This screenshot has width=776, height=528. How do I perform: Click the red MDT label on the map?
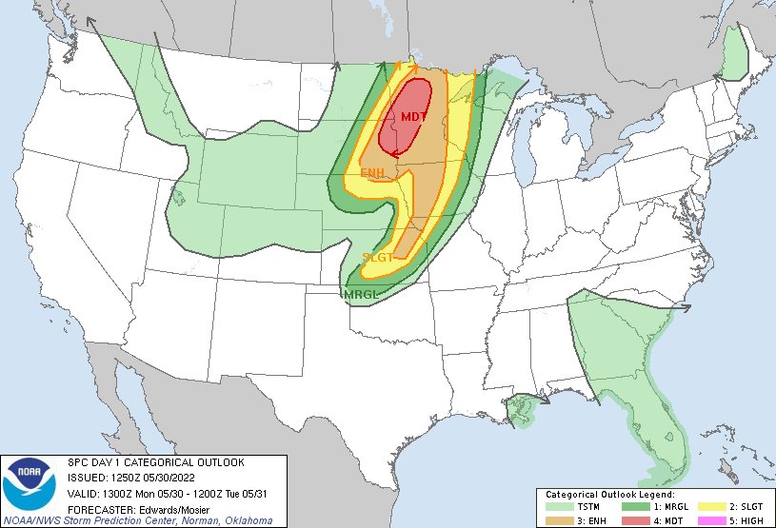tap(413, 117)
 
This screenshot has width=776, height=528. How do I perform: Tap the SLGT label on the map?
tap(378, 257)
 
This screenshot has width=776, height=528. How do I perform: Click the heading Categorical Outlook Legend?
tap(609, 496)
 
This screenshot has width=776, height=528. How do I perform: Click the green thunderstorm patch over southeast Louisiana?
tap(523, 409)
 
